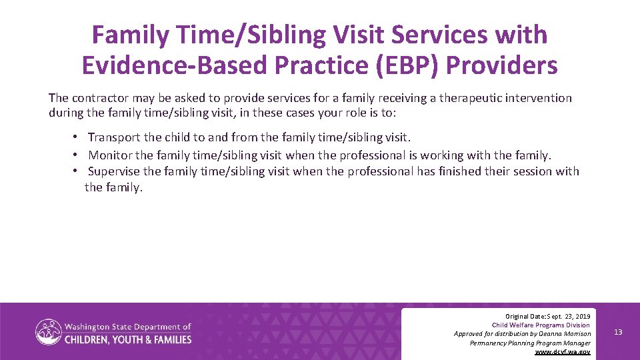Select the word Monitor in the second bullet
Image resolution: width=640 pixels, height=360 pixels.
109,155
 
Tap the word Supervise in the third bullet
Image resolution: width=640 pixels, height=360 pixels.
114,172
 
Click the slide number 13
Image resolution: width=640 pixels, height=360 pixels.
618,332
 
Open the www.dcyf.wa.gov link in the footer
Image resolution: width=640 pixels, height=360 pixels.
563,351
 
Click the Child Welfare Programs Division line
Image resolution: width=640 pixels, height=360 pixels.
541,325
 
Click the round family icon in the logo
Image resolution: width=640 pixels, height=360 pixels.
49,332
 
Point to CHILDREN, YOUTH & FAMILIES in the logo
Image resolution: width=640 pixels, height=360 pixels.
128,339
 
